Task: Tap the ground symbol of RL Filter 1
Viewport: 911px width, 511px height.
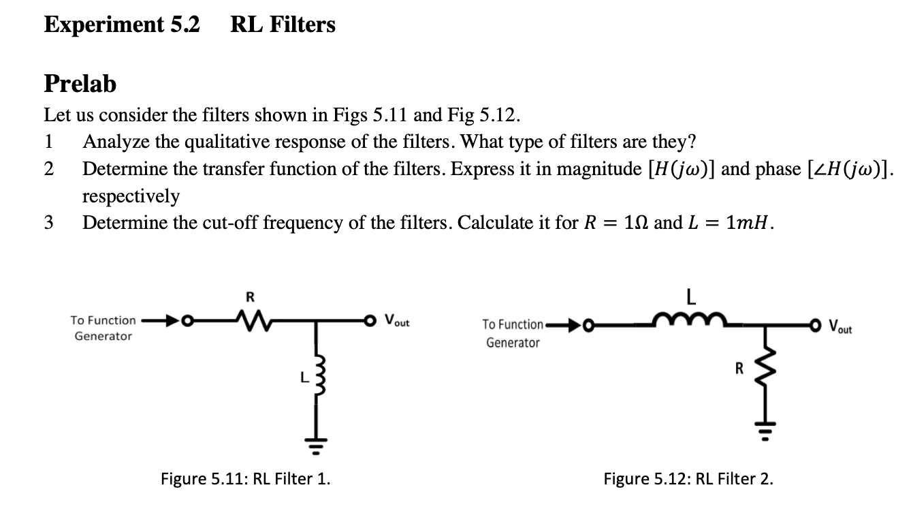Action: [x=316, y=431]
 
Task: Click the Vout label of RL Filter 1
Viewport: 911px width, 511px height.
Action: [x=397, y=320]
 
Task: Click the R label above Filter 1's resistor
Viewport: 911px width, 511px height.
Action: [x=250, y=297]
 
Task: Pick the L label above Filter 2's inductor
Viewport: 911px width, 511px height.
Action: [x=689, y=297]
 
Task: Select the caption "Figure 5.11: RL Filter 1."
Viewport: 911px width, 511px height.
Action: [x=246, y=478]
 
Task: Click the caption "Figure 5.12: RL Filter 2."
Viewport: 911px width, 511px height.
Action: [x=688, y=478]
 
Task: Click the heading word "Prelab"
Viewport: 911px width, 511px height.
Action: [x=80, y=84]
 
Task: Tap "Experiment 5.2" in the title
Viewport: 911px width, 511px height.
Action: [x=123, y=25]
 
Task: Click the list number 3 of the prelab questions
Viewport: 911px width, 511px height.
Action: [x=49, y=223]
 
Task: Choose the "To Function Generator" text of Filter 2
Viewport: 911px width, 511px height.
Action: [x=513, y=334]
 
